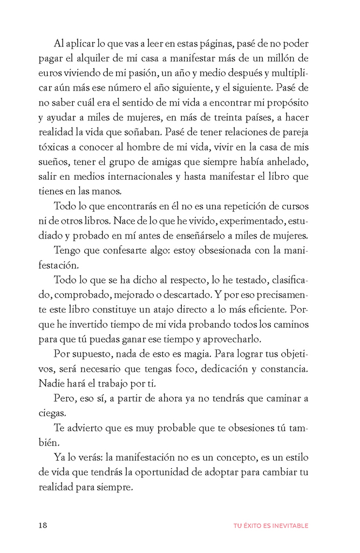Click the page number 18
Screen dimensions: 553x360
point(43,525)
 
